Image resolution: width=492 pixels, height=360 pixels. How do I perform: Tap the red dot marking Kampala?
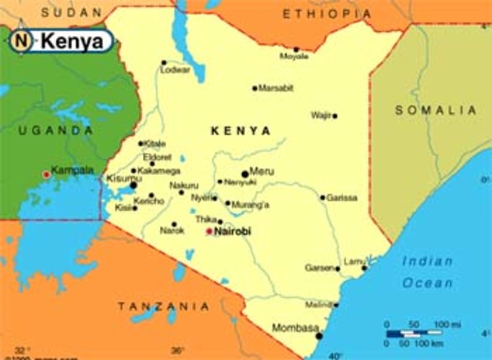[46, 175]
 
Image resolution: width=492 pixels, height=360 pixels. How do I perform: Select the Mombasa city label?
[295, 328]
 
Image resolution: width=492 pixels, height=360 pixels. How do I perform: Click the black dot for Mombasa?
[319, 335]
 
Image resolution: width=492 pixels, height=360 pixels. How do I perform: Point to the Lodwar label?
[175, 70]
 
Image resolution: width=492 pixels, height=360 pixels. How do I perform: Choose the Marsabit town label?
[276, 88]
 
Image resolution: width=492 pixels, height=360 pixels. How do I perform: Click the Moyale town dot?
[296, 49]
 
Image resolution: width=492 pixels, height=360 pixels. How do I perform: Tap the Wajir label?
[321, 115]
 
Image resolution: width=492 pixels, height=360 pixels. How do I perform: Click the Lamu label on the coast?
[353, 262]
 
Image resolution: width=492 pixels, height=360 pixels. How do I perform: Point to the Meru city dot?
[245, 175]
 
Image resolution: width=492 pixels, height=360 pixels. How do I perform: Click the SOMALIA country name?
[436, 110]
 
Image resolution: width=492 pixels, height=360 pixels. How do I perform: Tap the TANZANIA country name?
[163, 306]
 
